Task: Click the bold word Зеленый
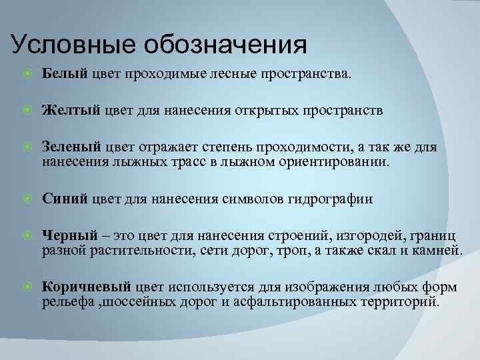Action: point(72,147)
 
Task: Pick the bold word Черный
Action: point(69,235)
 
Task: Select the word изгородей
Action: point(359,235)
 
